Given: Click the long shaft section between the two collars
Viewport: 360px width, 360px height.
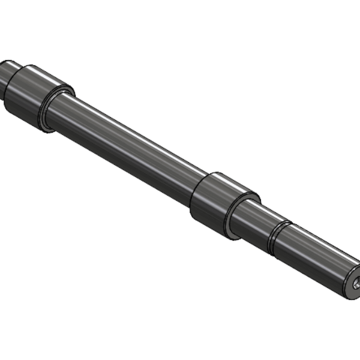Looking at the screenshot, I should pyautogui.click(x=126, y=147).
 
